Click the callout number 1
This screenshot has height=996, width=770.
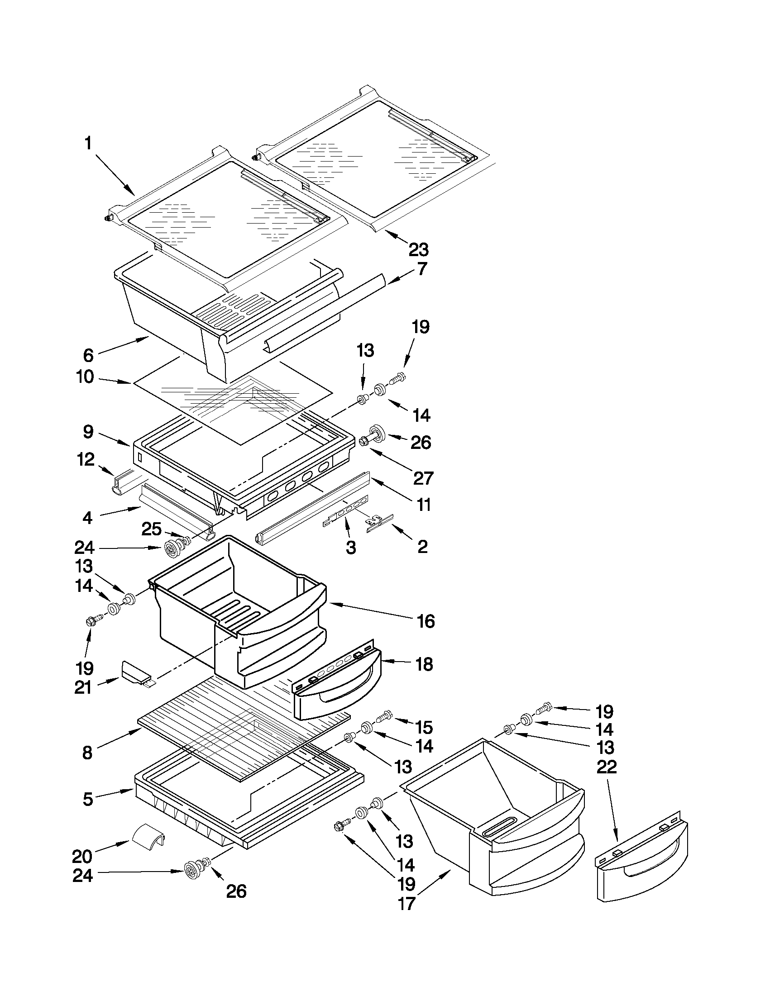(x=88, y=144)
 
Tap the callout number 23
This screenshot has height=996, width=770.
(x=418, y=249)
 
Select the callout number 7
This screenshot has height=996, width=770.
(x=422, y=269)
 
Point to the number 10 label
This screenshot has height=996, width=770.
(x=85, y=377)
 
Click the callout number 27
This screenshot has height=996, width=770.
(x=422, y=478)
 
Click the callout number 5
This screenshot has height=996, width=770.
(x=87, y=799)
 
